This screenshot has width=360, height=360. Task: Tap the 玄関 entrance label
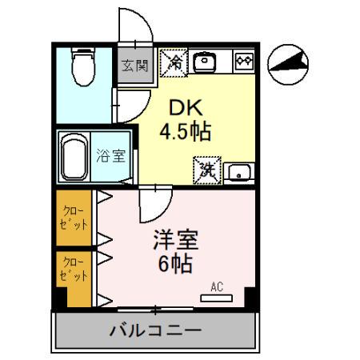coord(133,63)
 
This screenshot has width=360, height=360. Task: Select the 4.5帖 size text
coord(185,132)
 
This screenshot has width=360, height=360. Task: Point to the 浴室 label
coord(110,155)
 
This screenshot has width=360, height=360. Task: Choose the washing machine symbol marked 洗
coord(206,170)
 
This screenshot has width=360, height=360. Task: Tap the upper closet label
coord(74,218)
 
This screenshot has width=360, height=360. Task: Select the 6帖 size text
coord(175,265)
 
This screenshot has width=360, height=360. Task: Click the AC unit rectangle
coord(217,298)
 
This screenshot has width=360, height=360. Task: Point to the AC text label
coord(217,286)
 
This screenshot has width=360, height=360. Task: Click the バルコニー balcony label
coord(156,329)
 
